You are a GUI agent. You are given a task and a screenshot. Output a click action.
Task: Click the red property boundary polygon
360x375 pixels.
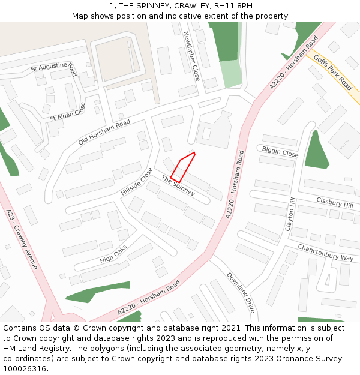pos(183,167)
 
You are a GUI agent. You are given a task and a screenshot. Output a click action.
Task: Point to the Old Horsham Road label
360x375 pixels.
pos(104,132)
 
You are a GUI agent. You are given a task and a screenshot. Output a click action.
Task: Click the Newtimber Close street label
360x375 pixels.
pos(191,56)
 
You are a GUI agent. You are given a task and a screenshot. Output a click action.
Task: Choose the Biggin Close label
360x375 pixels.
pos(280,151)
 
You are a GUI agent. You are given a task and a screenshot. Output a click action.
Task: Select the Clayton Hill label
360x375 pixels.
pos(290,214)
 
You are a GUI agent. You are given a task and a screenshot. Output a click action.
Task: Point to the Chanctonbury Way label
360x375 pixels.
pos(325,253)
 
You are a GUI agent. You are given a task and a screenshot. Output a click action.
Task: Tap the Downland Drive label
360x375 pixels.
pos(241,293)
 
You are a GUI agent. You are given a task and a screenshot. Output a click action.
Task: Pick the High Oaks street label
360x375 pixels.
pos(113,254)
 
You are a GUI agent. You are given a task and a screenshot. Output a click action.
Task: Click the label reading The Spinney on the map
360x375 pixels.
pos(178,186)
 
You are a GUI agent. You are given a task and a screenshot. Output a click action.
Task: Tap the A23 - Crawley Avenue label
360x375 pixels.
pos(22,239)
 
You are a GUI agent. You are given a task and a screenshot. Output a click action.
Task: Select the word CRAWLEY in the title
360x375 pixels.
pos(184,6)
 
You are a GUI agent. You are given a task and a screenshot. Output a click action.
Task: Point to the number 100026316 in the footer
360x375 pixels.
pos(25,369)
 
